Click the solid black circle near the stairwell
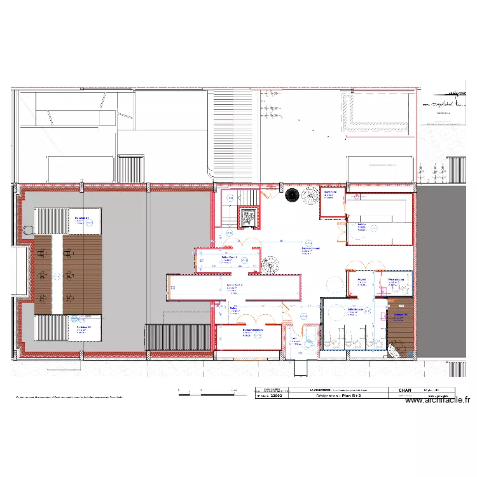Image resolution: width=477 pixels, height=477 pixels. click(x=292, y=195)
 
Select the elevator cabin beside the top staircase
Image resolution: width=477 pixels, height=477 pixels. click(x=249, y=218)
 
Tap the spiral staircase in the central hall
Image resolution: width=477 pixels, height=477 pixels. click(x=270, y=265)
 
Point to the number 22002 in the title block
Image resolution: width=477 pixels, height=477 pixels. click(x=277, y=395)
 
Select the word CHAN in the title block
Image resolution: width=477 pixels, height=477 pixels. click(x=405, y=390)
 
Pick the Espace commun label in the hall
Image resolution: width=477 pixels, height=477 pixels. click(x=307, y=250)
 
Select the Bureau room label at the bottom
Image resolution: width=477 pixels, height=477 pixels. click(x=252, y=331)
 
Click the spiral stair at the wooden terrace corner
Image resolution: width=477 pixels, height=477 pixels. click(x=396, y=350)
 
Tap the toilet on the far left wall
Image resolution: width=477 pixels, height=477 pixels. click(x=27, y=227)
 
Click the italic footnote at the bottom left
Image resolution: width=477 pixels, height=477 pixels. click(x=69, y=397)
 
